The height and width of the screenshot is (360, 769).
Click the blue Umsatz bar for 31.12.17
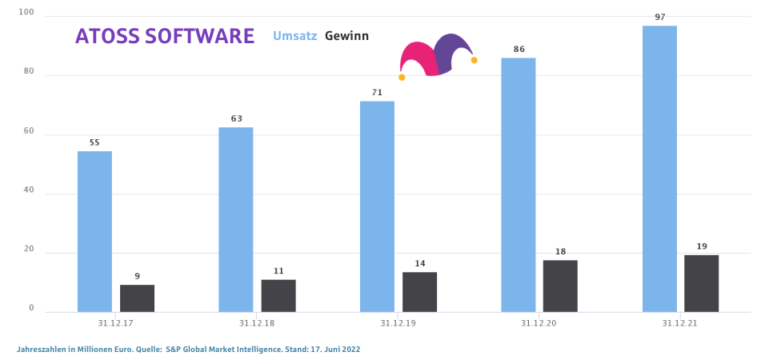94,231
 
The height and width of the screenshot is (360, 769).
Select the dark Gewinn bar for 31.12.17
137,298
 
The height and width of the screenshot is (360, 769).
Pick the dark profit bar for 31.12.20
560,286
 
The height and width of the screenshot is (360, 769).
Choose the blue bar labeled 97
659,169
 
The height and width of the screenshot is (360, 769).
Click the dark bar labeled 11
278,295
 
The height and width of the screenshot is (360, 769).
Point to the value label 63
236,119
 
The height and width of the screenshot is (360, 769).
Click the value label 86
519,50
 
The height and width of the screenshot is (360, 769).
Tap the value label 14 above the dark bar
419,264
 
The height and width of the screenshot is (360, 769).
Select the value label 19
702,246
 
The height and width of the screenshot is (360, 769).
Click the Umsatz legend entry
295,36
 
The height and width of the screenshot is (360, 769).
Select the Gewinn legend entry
346,36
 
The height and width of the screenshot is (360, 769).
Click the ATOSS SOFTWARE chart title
165,37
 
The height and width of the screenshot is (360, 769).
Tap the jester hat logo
438,56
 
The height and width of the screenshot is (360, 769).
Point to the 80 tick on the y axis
29,72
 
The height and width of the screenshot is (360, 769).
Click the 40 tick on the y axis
29,190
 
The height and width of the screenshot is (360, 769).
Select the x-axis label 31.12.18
257,323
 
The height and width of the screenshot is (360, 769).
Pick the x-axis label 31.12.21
680,323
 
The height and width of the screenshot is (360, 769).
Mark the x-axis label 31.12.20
539,323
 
